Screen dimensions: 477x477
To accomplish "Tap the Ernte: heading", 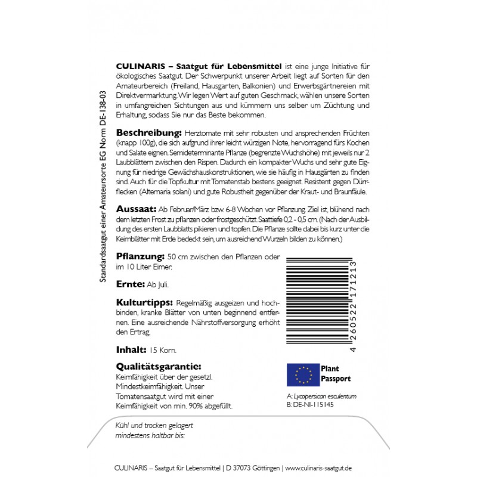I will coord(129,285).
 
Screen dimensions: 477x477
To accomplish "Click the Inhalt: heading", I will coord(131,349).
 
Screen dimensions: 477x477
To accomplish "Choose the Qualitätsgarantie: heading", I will coord(157,367).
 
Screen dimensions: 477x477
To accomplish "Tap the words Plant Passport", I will coord(335,374).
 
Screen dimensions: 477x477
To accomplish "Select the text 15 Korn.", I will coord(163,350).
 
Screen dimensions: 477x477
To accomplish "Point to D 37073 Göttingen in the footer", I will coord(253,467).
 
